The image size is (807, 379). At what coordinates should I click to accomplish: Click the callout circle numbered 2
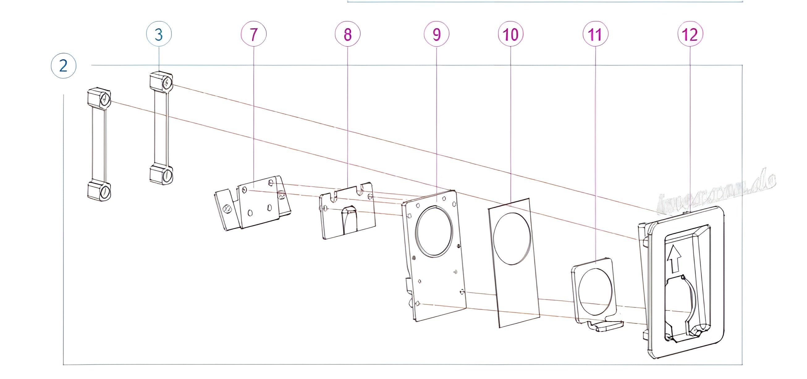(64, 66)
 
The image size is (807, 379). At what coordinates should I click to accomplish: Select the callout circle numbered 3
(159, 34)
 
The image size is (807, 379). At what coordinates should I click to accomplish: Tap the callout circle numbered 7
(254, 34)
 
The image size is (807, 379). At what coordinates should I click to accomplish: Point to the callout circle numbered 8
(347, 34)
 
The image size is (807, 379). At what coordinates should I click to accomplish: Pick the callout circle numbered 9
(436, 34)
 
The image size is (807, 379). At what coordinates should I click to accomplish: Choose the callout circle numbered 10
(511, 34)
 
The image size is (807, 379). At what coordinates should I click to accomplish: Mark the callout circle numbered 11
(595, 34)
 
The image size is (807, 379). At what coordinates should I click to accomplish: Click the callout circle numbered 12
(690, 34)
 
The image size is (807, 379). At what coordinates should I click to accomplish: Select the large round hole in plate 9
(434, 231)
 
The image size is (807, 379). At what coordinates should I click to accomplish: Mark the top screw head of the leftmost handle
(105, 100)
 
